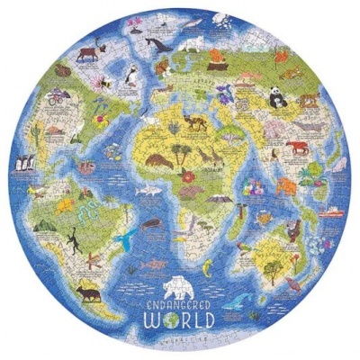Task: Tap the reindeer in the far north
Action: (89, 51)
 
